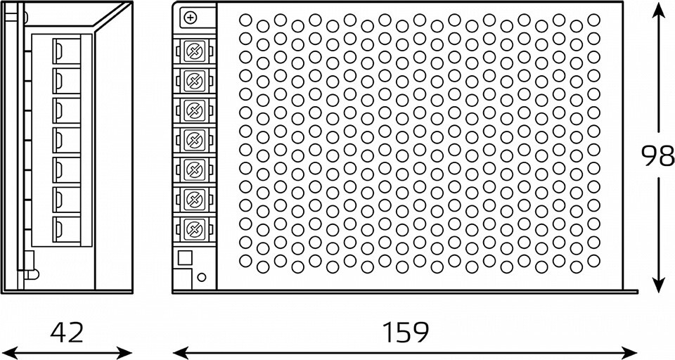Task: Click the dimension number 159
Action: (406, 332)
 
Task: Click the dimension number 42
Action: (67, 332)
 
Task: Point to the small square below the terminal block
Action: (185, 257)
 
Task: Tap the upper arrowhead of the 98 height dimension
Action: (657, 8)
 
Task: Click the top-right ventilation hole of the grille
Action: (594, 18)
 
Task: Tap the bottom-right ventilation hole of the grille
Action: (594, 260)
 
